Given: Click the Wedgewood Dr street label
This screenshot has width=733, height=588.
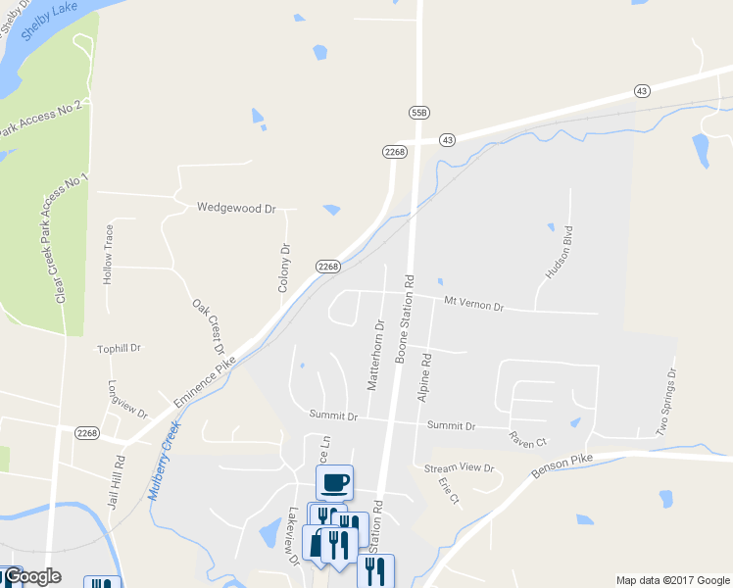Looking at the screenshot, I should pyautogui.click(x=236, y=208).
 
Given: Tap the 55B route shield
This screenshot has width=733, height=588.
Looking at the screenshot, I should pyautogui.click(x=419, y=114).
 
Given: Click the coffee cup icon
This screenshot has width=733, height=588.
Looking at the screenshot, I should pyautogui.click(x=334, y=482).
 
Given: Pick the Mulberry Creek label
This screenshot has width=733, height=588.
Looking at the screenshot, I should pyautogui.click(x=165, y=461).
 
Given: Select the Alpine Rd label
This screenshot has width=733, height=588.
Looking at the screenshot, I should pyautogui.click(x=425, y=378).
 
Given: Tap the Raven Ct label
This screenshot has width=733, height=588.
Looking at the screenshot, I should pyautogui.click(x=528, y=443).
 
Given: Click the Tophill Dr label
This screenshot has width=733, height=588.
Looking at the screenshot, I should pyautogui.click(x=120, y=348).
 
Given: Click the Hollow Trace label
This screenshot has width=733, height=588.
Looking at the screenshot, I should pyautogui.click(x=109, y=255).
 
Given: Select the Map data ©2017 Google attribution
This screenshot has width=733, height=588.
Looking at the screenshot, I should pyautogui.click(x=672, y=580).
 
